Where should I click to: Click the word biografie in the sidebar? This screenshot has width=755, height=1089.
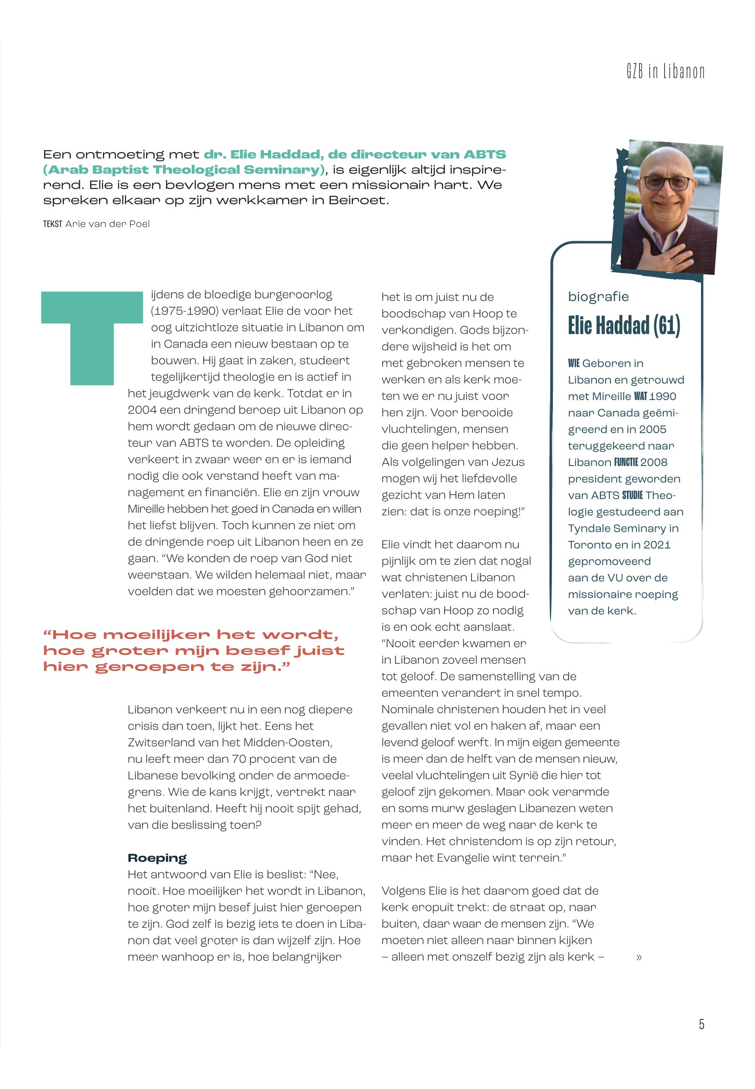tap(598, 297)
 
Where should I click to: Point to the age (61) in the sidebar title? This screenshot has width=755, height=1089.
tap(667, 325)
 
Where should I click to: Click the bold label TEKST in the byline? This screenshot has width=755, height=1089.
tap(52, 224)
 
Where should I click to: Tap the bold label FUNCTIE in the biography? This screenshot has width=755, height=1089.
tap(626, 462)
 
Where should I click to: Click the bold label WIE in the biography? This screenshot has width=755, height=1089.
tap(573, 364)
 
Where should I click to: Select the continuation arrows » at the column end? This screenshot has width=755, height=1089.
tap(639, 957)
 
